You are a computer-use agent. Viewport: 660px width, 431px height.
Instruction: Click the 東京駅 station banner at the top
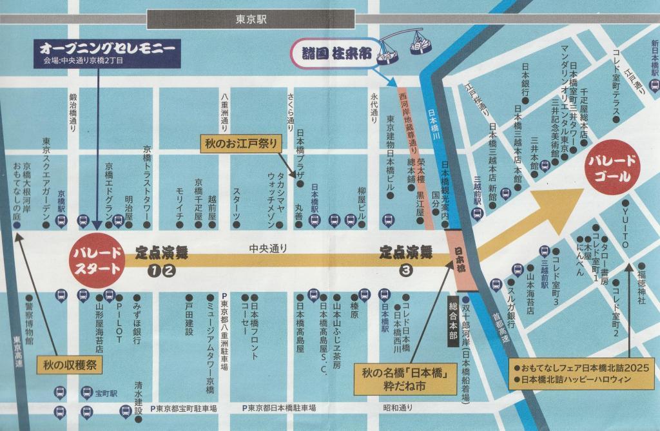pos(251,19)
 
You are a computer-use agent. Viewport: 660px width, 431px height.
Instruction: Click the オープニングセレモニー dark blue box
pos(107,53)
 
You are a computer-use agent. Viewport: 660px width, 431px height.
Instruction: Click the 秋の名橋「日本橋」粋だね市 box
pos(405,379)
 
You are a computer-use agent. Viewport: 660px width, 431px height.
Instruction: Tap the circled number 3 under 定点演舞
pos(406,271)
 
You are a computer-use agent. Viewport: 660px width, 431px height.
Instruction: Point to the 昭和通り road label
pos(398,408)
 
